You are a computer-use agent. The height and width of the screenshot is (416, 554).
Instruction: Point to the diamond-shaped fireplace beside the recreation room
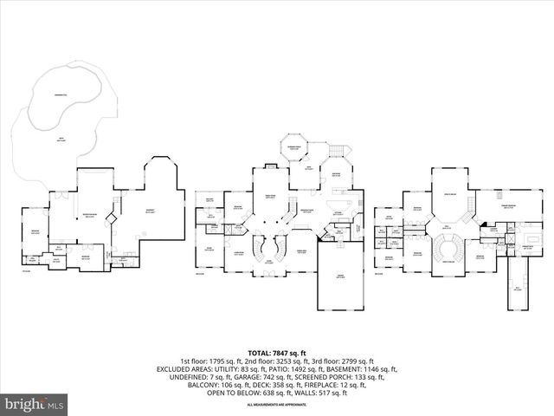[x=112, y=216]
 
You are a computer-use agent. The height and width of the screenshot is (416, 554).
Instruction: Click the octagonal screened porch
[x=293, y=149]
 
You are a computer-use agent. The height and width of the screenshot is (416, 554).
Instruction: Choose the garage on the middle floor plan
[x=339, y=276]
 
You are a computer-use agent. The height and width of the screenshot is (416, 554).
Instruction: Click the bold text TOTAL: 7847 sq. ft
[x=278, y=353]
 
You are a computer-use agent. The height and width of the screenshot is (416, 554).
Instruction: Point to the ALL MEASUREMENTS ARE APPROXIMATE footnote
[x=278, y=405]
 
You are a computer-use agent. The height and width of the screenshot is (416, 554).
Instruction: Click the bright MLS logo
[x=35, y=404]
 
